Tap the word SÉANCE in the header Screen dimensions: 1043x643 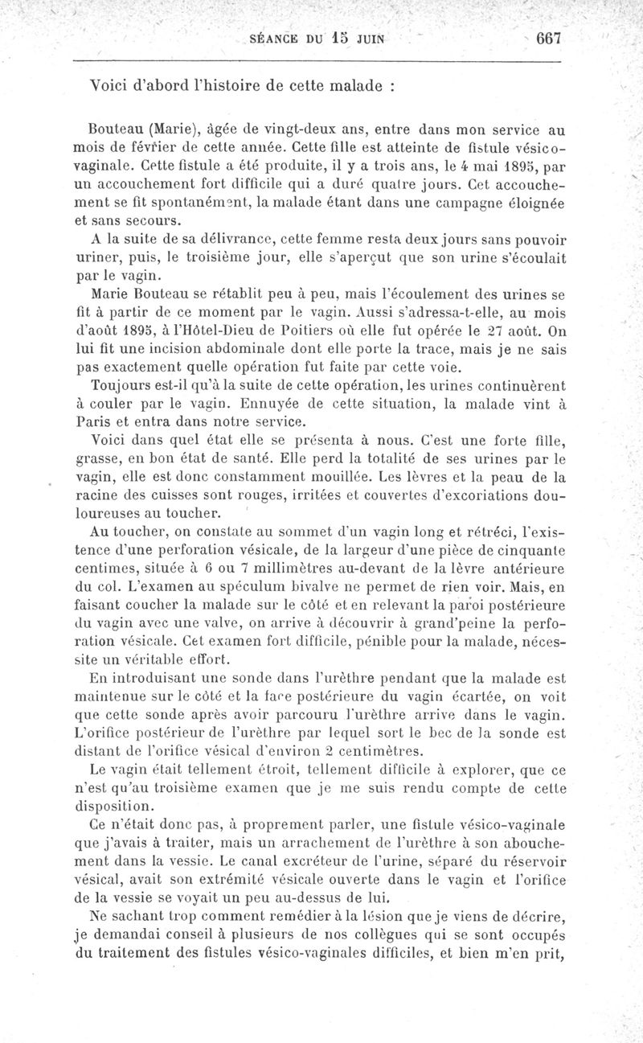coord(278,37)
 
